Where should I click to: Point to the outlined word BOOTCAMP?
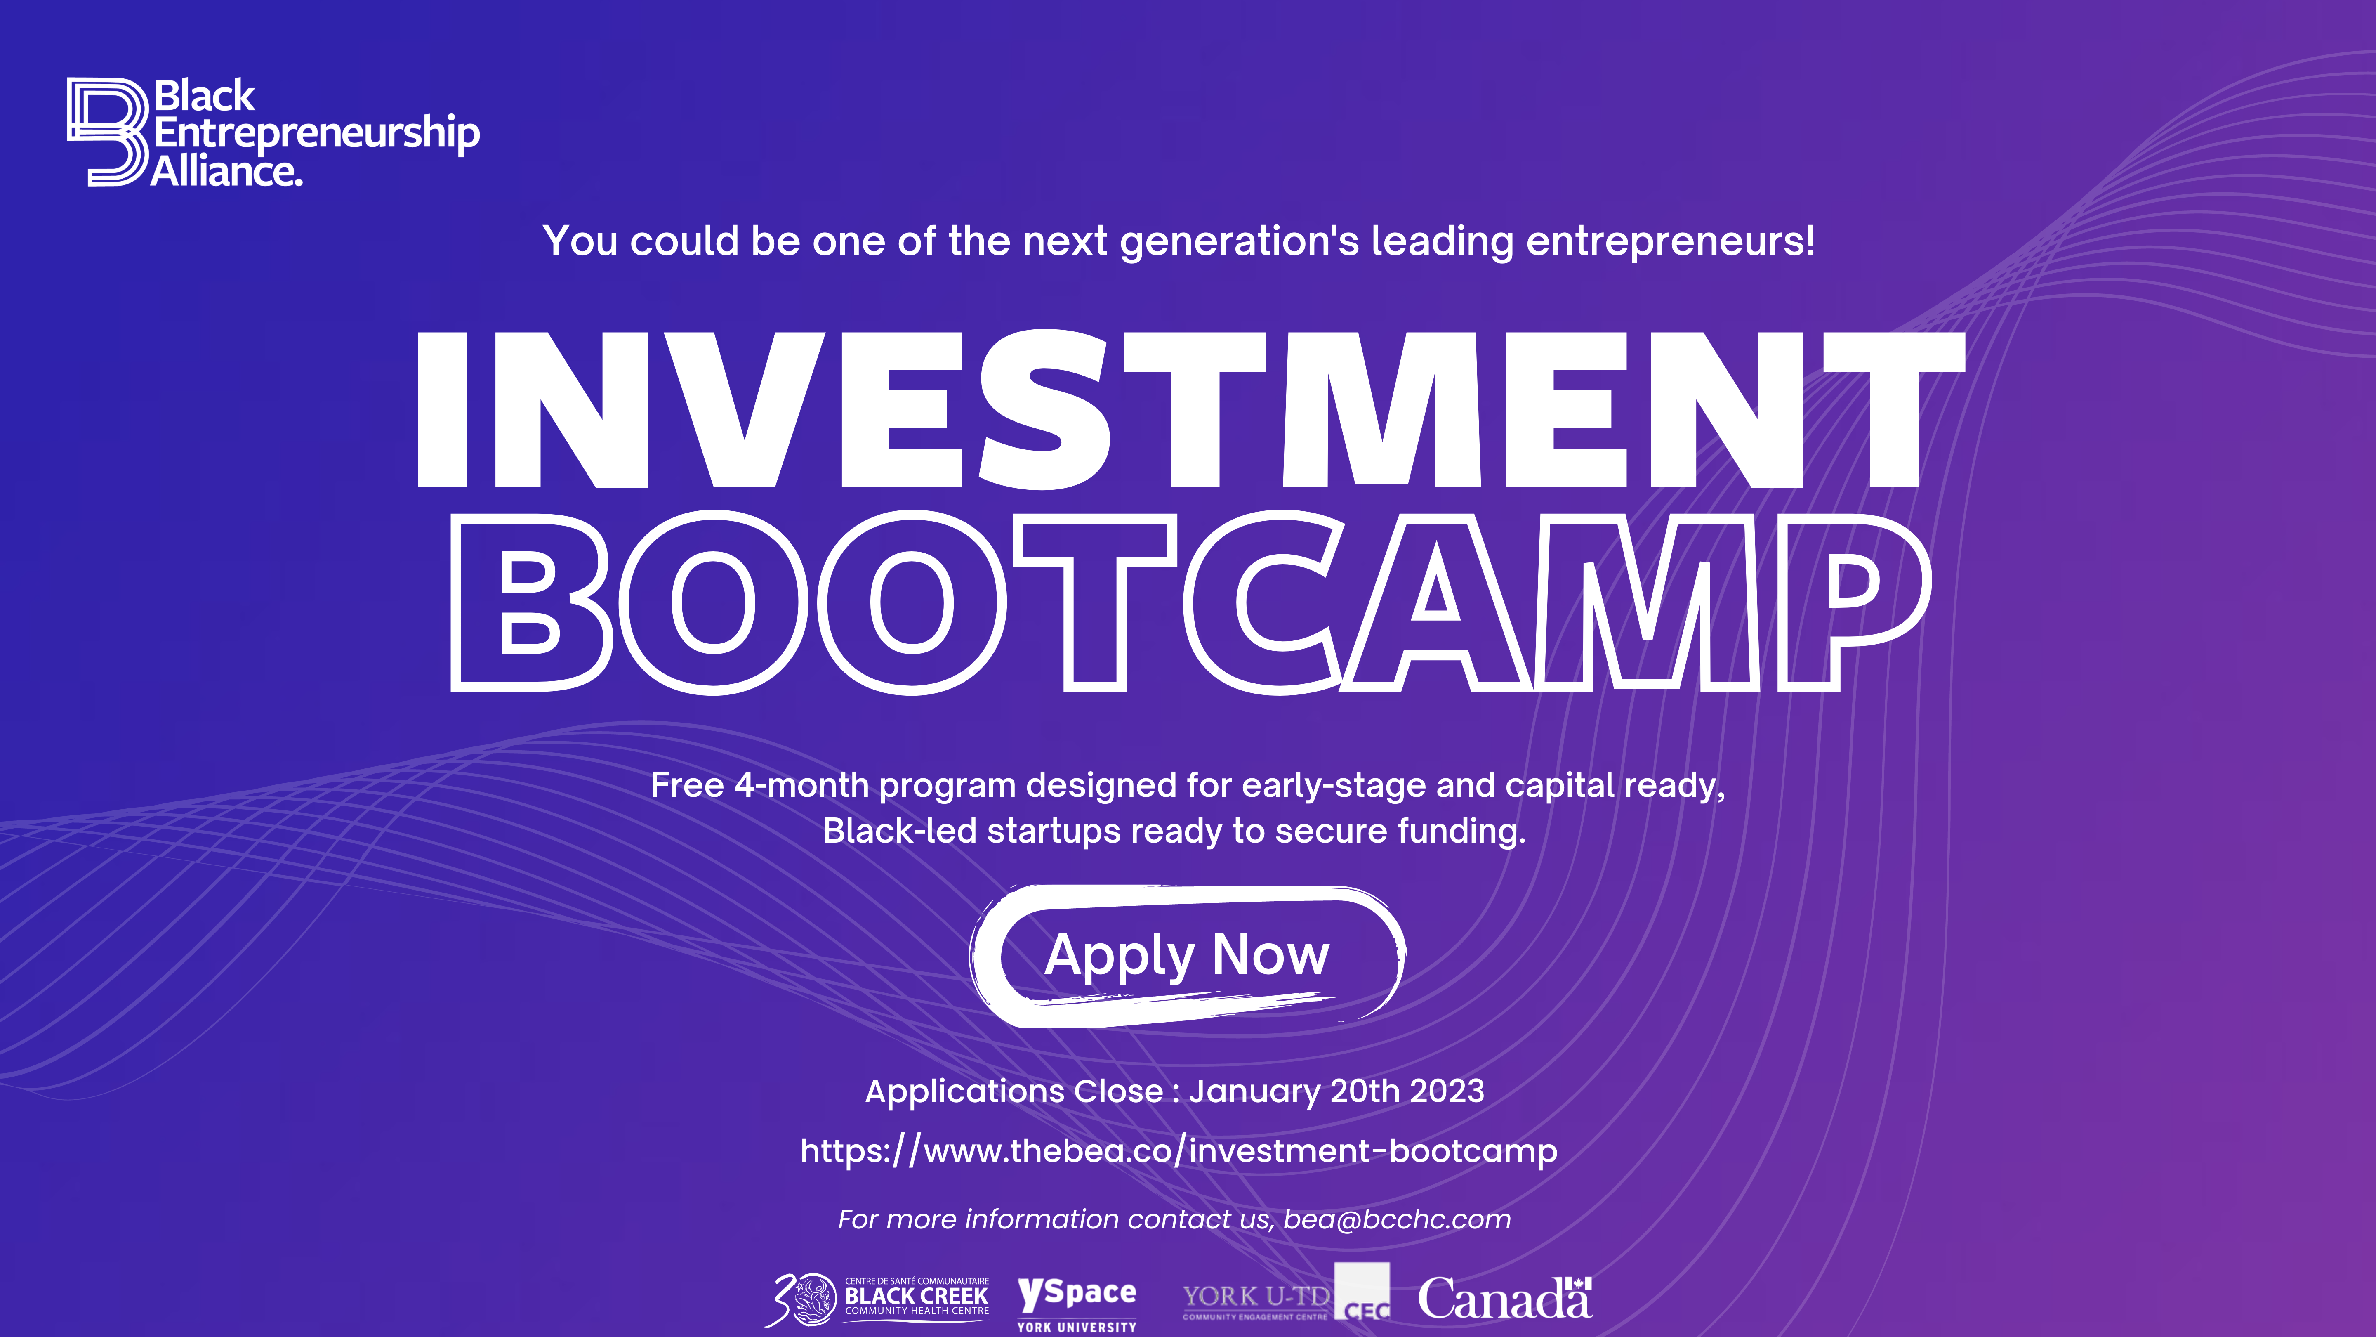(x=1190, y=602)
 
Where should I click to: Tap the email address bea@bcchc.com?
(x=1396, y=1220)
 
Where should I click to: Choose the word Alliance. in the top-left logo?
(x=227, y=172)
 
